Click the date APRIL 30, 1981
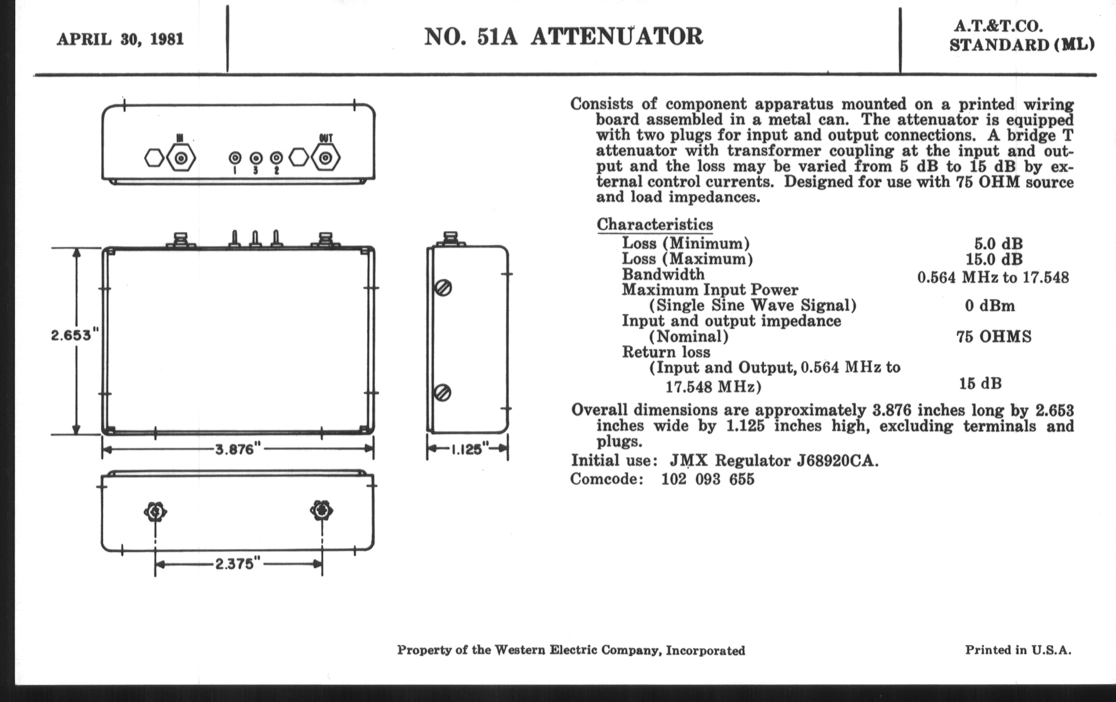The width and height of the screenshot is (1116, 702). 120,39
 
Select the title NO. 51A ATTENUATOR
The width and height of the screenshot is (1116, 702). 563,37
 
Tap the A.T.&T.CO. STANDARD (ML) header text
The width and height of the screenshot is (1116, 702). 1021,36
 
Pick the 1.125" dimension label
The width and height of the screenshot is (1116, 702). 468,449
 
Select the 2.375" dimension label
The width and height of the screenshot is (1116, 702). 238,564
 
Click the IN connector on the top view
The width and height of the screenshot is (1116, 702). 181,158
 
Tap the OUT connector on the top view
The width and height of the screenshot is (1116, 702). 326,158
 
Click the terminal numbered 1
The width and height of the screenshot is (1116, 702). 235,158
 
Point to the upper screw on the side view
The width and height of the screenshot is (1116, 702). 443,288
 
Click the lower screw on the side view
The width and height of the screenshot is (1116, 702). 443,393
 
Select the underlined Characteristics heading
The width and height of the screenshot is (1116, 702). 654,225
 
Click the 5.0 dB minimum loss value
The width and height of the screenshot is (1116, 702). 998,244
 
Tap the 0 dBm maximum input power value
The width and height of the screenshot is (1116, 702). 989,306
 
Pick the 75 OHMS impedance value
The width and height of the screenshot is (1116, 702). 993,337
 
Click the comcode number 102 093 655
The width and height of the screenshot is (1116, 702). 708,479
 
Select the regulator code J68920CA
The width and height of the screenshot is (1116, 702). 837,461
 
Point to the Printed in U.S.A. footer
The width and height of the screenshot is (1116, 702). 1018,650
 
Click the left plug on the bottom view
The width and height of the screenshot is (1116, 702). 155,512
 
